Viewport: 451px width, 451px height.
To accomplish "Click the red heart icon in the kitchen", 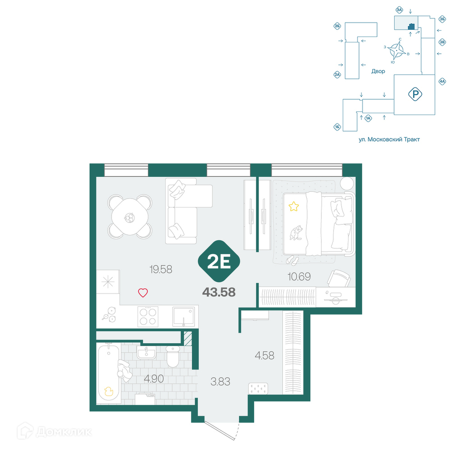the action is click(143, 293).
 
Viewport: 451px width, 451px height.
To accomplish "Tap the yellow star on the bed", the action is click(294, 206).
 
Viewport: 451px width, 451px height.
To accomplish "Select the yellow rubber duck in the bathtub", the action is click(108, 391).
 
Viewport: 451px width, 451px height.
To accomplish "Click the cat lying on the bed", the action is click(296, 233).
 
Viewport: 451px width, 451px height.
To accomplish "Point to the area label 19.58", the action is click(161, 270).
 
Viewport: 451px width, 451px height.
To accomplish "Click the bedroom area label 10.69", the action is click(299, 277).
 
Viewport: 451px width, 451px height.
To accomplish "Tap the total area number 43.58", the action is click(219, 292).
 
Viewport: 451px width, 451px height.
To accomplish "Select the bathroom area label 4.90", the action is click(154, 379).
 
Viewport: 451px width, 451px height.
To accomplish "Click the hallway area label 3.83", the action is click(221, 382).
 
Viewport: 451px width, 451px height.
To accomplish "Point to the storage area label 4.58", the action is click(265, 355).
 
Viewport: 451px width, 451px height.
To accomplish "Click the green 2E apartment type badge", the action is click(219, 261).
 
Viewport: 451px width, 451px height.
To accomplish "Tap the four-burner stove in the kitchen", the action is click(148, 317).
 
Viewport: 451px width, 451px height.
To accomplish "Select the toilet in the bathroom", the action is click(173, 356).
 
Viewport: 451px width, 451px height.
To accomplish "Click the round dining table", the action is click(130, 216).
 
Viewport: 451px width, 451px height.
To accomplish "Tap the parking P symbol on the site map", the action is click(415, 94).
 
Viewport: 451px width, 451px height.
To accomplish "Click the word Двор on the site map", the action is click(378, 71).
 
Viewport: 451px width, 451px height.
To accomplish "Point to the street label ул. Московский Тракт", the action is click(389, 139).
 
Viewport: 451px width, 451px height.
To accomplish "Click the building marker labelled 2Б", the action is click(337, 27).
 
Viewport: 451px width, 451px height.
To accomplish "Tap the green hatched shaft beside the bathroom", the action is click(188, 338).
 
